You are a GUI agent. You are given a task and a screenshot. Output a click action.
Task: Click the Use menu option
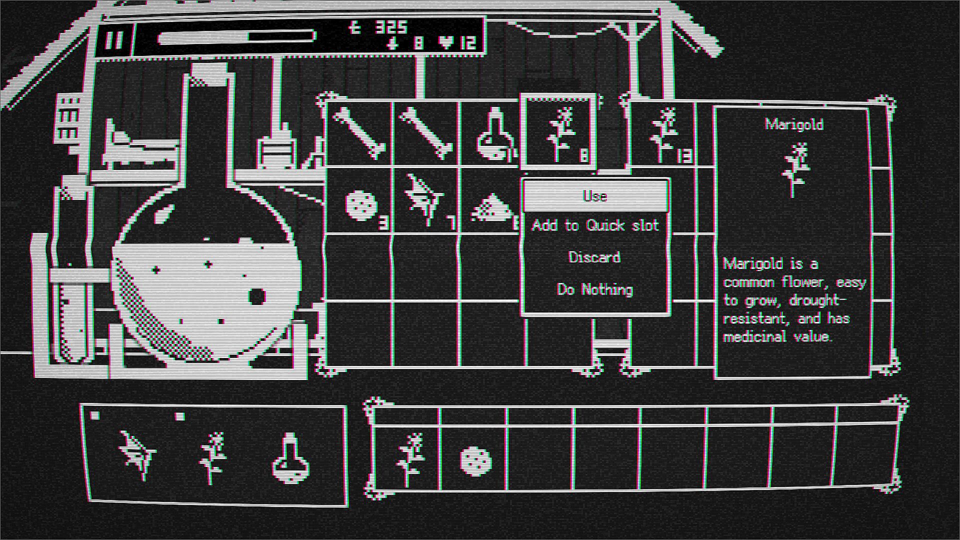(x=595, y=196)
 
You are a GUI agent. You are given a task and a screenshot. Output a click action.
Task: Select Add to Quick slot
(x=595, y=225)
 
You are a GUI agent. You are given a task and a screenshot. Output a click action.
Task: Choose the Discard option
(x=595, y=257)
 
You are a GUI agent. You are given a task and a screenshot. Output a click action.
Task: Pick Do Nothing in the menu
(x=595, y=289)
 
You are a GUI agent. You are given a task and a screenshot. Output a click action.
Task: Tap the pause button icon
(x=114, y=39)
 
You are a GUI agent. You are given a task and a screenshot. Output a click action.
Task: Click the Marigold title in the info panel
(x=794, y=124)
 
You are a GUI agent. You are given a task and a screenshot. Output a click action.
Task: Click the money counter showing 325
(x=380, y=27)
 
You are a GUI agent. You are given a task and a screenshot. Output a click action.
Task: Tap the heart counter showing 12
(x=457, y=43)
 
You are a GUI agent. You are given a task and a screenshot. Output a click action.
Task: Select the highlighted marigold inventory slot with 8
(x=559, y=132)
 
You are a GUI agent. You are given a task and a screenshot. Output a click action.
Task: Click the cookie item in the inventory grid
(x=360, y=204)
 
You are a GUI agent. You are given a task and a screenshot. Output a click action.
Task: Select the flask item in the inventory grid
(x=492, y=134)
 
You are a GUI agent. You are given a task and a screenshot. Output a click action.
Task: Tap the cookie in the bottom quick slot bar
(x=475, y=460)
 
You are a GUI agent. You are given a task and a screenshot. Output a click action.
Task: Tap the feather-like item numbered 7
(x=425, y=200)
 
